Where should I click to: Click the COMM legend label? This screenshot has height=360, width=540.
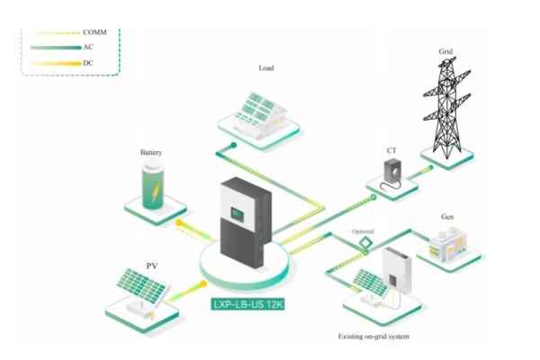point(94,32)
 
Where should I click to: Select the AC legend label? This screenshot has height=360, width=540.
point(89,48)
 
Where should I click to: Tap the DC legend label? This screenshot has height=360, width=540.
point(89,63)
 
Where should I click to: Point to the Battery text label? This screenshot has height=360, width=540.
point(151,153)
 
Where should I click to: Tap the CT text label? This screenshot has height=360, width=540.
point(392,150)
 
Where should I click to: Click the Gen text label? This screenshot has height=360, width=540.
point(447,218)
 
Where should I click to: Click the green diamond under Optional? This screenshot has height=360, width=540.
point(366,243)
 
